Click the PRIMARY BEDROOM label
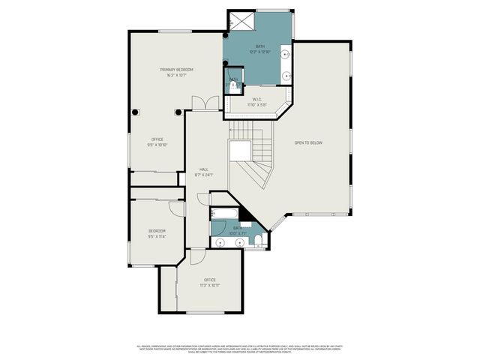point(172,72)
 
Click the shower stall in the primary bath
point(242,20)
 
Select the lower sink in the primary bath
point(286,75)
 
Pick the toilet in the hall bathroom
point(256,240)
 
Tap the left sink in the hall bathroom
point(220,242)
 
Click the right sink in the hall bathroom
point(239,242)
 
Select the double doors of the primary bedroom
point(199,103)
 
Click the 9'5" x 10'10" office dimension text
point(157,143)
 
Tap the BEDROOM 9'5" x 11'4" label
point(157,233)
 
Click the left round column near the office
point(136,112)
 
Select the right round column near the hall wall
point(178,112)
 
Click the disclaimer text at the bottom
point(240,349)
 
